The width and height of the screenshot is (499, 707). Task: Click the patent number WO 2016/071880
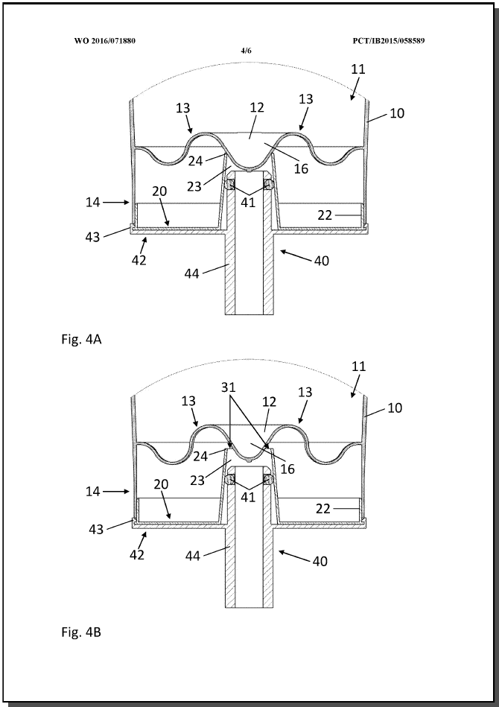tap(105, 41)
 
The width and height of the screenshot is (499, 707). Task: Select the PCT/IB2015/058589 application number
tap(389, 41)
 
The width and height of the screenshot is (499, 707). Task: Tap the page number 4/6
tap(246, 51)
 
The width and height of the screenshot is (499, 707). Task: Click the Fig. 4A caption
tap(82, 339)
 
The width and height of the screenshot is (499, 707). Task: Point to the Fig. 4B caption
tap(81, 633)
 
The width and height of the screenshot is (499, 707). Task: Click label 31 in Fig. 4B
tap(229, 387)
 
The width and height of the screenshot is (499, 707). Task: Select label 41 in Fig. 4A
tap(248, 203)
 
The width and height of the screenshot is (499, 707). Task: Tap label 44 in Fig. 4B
tap(193, 556)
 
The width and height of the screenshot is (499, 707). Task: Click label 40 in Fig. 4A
tap(322, 261)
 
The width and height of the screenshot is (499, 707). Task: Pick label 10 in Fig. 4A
tap(397, 112)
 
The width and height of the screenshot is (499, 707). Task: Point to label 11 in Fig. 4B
tap(358, 366)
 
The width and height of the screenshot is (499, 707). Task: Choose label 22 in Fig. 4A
tap(325, 215)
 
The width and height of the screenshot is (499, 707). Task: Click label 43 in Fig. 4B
tap(96, 529)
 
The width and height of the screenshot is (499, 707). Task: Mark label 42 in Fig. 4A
tap(139, 260)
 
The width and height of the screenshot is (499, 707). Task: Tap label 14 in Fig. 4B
tap(93, 491)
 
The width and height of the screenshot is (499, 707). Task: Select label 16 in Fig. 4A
tap(301, 168)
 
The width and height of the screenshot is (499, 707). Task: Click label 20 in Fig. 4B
tap(161, 484)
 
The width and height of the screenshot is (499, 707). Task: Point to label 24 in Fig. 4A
tap(196, 161)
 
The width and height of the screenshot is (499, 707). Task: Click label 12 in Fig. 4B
tap(269, 402)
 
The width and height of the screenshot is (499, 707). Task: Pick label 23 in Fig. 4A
tap(194, 186)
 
